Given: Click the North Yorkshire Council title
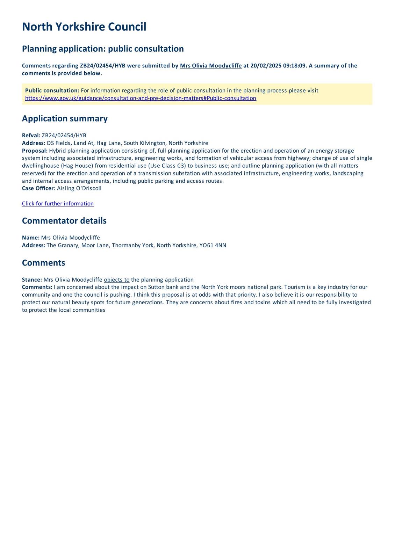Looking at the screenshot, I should click(x=84, y=27).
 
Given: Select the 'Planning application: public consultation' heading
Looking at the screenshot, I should click(x=103, y=49).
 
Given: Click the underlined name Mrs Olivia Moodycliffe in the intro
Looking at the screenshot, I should click(x=211, y=66).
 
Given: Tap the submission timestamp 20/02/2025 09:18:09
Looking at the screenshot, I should click(x=278, y=66).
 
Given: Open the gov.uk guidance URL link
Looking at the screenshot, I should click(x=141, y=98).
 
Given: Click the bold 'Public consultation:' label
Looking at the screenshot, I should click(x=52, y=90).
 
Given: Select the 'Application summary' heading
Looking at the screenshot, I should click(x=65, y=118).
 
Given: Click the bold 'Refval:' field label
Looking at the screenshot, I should click(x=31, y=136).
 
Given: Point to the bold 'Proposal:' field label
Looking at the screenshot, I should click(x=35, y=151).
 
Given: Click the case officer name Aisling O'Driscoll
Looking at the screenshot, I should click(x=79, y=188).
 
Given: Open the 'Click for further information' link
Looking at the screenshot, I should click(x=58, y=204).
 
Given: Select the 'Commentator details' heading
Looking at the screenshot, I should click(x=64, y=221).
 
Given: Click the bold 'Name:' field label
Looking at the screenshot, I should click(x=31, y=238).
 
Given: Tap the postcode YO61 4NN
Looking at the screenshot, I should click(x=213, y=245).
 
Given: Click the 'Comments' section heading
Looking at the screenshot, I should click(x=43, y=263).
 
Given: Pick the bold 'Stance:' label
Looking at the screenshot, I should click(x=32, y=279).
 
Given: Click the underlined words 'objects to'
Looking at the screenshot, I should click(x=117, y=279).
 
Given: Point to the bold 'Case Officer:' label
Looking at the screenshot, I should click(x=39, y=188).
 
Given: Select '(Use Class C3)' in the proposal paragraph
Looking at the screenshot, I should click(x=167, y=166).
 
